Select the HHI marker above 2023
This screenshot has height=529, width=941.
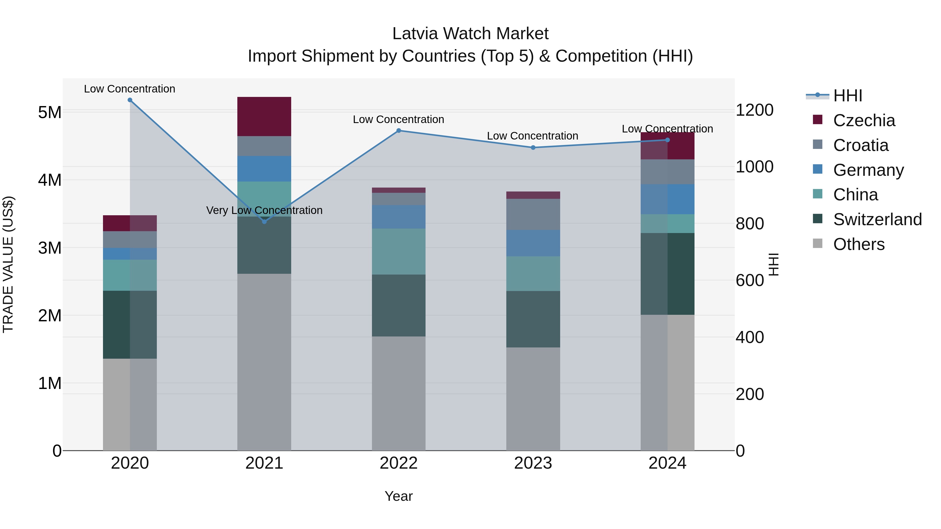pos(533,148)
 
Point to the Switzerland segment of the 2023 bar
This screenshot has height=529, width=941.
pos(533,319)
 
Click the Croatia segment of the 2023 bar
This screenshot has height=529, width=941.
pos(533,214)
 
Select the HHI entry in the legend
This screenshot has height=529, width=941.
pos(847,96)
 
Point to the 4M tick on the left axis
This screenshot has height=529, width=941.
pos(50,180)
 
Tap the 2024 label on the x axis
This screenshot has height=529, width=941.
pos(667,463)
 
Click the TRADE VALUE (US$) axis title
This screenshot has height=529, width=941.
pos(8,264)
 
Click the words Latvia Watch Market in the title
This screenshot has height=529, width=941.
pos(470,34)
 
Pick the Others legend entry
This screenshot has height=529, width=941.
pos(858,244)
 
